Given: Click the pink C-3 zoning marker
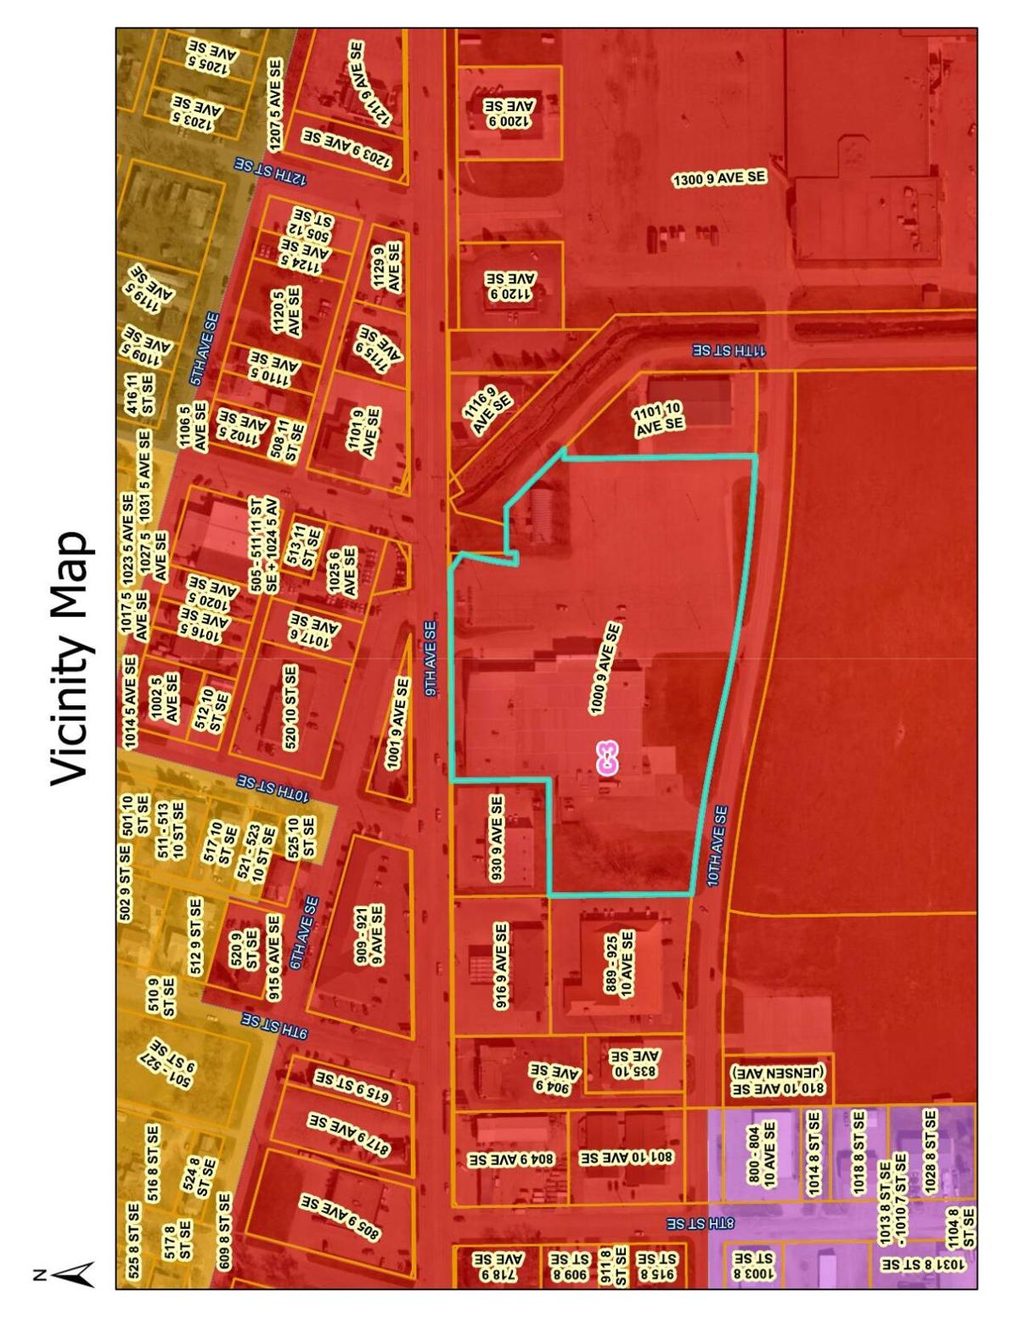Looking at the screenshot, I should [606, 758].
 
